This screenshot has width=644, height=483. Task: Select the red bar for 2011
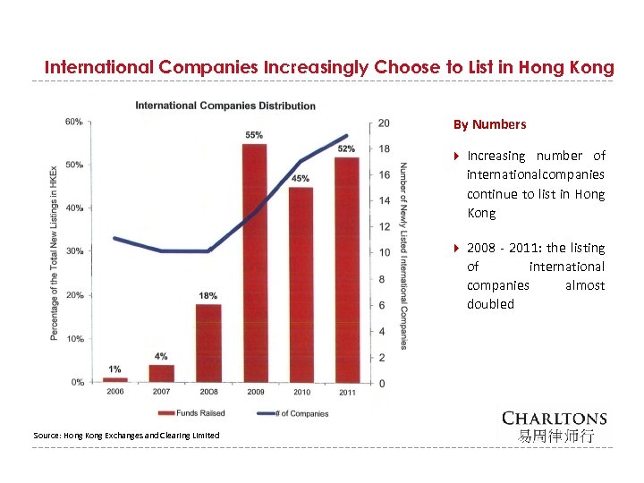(x=346, y=268)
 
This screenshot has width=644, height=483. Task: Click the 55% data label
(x=254, y=135)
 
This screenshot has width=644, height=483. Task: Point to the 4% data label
(x=161, y=356)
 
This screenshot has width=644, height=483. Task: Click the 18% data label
(x=208, y=295)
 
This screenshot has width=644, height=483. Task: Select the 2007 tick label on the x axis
(x=161, y=392)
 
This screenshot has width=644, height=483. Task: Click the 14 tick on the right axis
(x=384, y=200)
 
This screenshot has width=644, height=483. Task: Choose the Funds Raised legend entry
(x=192, y=413)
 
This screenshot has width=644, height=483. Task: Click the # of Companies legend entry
(x=295, y=413)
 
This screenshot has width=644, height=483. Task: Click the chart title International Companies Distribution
(x=225, y=106)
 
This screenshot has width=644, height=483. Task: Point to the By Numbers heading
(x=489, y=124)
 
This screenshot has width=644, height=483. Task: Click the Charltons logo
(x=554, y=426)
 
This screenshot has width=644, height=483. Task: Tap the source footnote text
(x=126, y=435)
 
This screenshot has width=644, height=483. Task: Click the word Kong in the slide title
(x=595, y=67)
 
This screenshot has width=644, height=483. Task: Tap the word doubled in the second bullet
(x=490, y=304)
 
